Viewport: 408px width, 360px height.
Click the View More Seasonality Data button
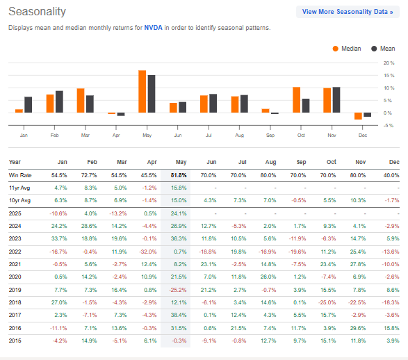point(348,12)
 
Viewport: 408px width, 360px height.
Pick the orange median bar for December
point(358,116)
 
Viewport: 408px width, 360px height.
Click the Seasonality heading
point(38,11)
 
